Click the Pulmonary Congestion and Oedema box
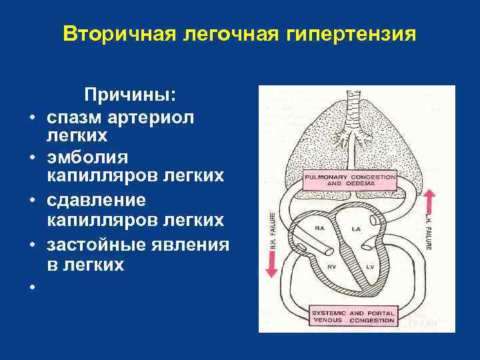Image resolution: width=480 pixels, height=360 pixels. click(349, 180)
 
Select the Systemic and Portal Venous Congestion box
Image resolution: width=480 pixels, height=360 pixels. click(353, 316)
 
